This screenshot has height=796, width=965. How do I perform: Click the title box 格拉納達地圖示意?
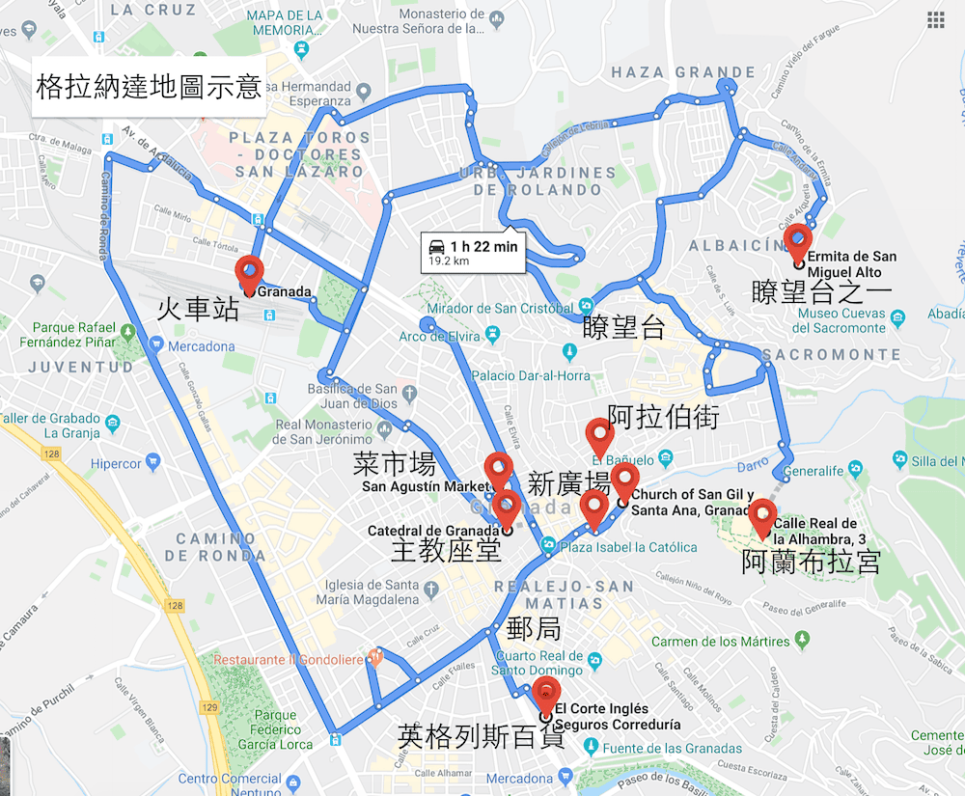(x=149, y=87)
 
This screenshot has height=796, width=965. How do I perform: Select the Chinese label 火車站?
(x=198, y=309)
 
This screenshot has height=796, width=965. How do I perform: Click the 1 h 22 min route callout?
(x=474, y=253)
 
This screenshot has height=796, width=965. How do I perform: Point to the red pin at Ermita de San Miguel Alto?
(x=797, y=243)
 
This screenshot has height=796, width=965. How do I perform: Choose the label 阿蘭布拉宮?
(x=811, y=563)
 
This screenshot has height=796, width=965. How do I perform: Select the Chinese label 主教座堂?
(x=446, y=550)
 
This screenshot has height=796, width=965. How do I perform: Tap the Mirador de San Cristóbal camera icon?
(x=587, y=308)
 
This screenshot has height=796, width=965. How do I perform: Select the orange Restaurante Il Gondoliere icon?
(x=376, y=659)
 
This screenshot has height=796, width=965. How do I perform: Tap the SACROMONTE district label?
(x=831, y=355)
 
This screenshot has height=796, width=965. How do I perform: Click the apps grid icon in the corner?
(x=935, y=20)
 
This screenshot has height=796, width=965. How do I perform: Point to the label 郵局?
(x=534, y=629)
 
